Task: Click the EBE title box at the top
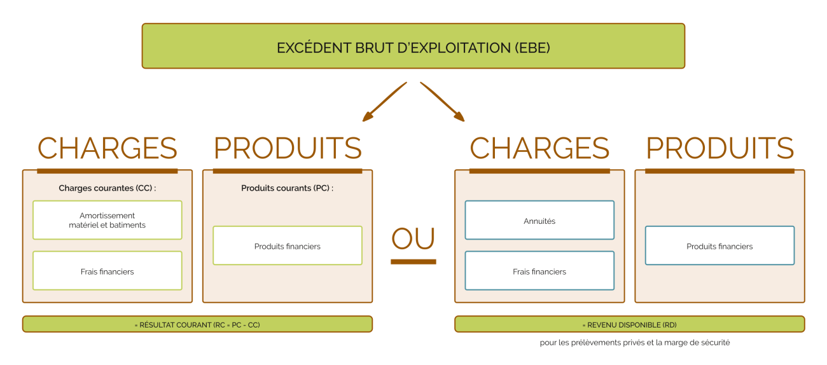(413, 46)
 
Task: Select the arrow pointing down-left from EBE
(384, 102)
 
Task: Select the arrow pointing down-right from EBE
(442, 102)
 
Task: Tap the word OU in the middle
(413, 238)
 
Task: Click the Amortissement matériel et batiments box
(108, 220)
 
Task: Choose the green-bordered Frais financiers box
(108, 271)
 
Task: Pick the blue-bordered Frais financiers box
(539, 271)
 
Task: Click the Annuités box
(539, 220)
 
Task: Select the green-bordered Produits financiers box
(288, 246)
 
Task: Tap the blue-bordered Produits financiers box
(719, 246)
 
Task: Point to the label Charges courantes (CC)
(108, 188)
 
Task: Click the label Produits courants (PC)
(288, 188)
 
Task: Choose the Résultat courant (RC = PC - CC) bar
(197, 324)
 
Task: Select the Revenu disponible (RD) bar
(630, 324)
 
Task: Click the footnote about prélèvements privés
(635, 343)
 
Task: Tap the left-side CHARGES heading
(108, 148)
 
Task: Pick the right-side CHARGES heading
(539, 148)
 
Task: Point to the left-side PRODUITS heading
(288, 148)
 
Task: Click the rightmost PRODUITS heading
(719, 148)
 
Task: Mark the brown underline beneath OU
(413, 261)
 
